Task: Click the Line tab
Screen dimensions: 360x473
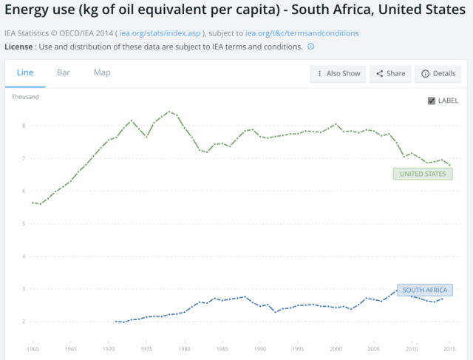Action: click(25, 72)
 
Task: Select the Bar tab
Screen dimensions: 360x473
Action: click(64, 72)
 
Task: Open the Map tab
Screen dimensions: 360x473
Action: click(102, 72)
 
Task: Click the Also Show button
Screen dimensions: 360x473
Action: click(338, 74)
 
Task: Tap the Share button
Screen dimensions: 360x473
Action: click(390, 74)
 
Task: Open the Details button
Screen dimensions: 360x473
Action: click(438, 74)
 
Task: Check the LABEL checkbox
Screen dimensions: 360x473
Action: click(432, 101)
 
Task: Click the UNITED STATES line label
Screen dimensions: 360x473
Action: click(423, 174)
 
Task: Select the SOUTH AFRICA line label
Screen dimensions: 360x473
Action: click(424, 291)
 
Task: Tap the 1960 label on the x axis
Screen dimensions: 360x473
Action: click(33, 348)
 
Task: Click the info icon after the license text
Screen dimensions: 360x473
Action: click(310, 47)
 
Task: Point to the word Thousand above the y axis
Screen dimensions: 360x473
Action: click(25, 97)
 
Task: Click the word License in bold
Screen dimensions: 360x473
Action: click(20, 47)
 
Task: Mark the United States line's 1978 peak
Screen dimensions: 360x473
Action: click(169, 112)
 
